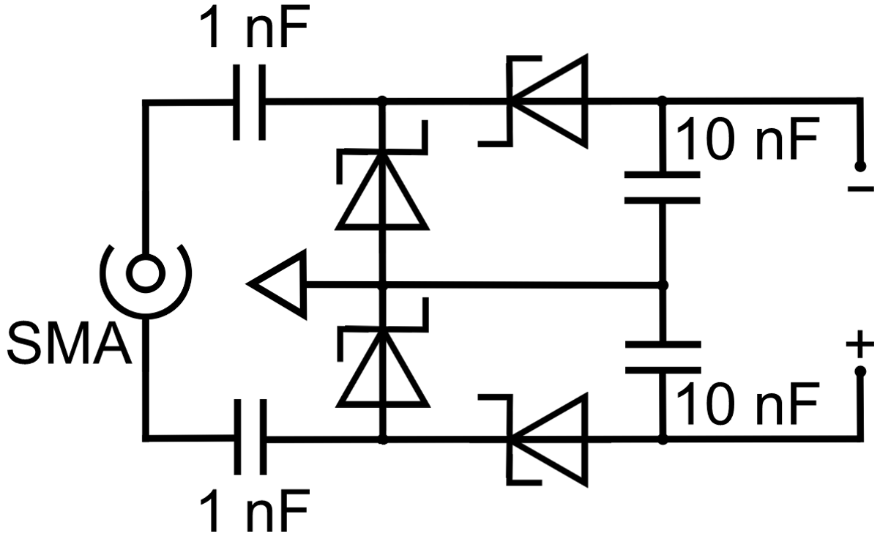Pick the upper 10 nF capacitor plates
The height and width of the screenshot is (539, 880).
(x=663, y=187)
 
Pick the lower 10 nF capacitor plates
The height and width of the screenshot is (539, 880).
(x=663, y=357)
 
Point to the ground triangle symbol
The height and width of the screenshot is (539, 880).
(x=278, y=284)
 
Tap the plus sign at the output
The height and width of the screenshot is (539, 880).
(x=860, y=343)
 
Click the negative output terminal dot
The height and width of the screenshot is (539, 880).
(x=861, y=164)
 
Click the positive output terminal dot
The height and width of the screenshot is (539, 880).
(x=861, y=371)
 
